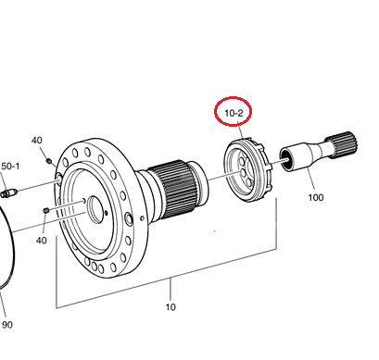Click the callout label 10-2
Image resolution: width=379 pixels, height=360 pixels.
(x=234, y=113)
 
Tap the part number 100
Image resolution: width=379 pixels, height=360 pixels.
(x=316, y=197)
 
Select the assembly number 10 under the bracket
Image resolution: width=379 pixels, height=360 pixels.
(x=171, y=307)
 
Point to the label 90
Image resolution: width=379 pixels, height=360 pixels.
(x=7, y=325)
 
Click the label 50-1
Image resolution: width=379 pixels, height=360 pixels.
(x=10, y=167)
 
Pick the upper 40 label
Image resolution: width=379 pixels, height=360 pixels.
(x=36, y=141)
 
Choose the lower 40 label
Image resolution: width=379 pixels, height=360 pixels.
(x=42, y=240)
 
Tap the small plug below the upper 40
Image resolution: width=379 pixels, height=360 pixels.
(x=48, y=160)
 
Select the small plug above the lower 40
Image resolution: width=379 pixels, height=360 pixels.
(x=46, y=210)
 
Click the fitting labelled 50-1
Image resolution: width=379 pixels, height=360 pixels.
(x=8, y=193)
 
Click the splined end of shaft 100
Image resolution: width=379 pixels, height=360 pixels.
(x=342, y=144)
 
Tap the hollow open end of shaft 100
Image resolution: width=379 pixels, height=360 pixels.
(x=286, y=159)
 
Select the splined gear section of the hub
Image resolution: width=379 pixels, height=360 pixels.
(x=173, y=188)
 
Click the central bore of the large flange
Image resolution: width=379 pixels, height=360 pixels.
(x=95, y=210)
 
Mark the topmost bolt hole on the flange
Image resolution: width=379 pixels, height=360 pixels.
(x=87, y=152)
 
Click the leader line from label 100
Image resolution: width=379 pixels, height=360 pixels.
(x=310, y=179)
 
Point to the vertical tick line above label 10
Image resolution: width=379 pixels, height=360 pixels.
(x=171, y=290)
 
